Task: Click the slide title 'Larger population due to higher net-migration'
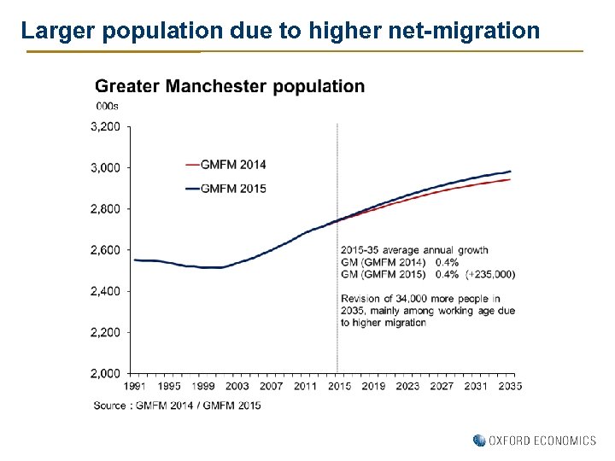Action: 280,32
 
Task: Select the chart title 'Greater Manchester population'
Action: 229,86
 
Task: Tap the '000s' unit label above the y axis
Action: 107,107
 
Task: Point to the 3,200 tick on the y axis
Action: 105,126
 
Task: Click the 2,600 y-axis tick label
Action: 105,250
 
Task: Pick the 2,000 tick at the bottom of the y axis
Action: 105,373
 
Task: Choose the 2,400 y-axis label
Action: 105,291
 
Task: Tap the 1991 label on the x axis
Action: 135,387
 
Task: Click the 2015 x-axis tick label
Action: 339,387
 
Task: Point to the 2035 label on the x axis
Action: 510,387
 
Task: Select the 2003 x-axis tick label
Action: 237,387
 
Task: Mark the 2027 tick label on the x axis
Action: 442,387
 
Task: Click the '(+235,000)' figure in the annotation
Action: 490,274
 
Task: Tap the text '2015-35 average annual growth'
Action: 414,250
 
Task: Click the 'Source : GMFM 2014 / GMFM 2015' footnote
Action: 178,405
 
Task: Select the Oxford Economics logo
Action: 535,441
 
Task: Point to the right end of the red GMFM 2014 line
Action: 509,179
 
